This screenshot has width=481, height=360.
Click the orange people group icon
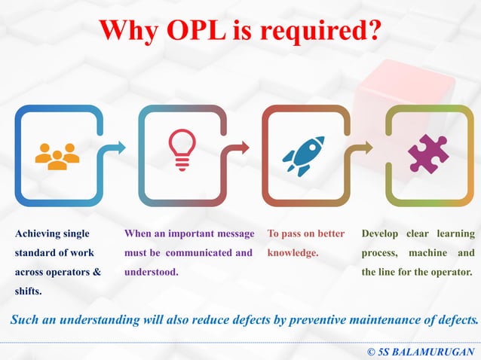[x=57, y=156]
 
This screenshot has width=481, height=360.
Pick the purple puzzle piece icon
[x=427, y=154]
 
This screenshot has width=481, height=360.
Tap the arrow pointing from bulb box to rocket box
[x=241, y=148]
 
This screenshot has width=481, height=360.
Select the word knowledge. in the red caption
[x=293, y=253]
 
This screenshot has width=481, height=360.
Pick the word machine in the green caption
[x=430, y=253]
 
